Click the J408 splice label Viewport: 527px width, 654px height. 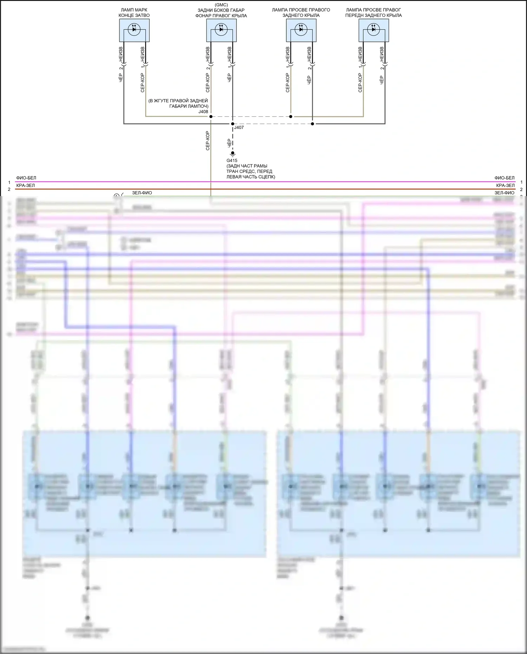[203, 112]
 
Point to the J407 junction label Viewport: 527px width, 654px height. [239, 128]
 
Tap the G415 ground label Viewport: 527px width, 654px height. [232, 161]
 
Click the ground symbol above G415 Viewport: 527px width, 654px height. [232, 154]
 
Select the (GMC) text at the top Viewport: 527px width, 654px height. [221, 5]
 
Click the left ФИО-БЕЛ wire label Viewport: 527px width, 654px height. [26, 178]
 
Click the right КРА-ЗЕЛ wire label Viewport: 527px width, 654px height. [505, 186]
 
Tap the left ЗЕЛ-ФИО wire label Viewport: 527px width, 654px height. [142, 193]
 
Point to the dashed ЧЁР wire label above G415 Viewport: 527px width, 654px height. [229, 142]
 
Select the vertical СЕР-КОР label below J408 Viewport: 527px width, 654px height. [208, 141]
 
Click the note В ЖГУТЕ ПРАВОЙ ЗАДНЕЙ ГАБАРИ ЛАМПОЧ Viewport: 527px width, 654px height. [178, 103]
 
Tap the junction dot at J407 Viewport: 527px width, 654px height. [232, 124]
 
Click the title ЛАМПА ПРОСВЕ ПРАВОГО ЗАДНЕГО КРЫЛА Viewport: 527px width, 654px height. [301, 13]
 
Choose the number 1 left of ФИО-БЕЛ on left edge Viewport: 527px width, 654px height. [9, 182]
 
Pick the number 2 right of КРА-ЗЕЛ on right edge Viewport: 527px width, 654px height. [521, 189]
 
